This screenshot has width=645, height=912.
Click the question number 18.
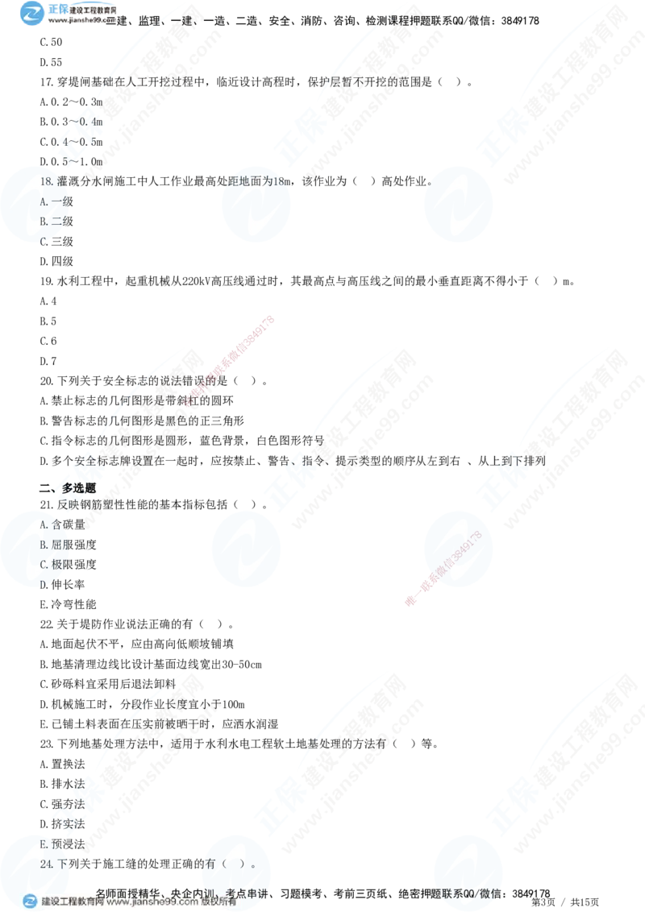tap(47, 181)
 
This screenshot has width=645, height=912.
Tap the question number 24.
tap(47, 864)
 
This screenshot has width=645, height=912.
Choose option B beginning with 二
tap(52, 221)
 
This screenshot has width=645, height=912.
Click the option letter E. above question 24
tap(44, 844)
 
